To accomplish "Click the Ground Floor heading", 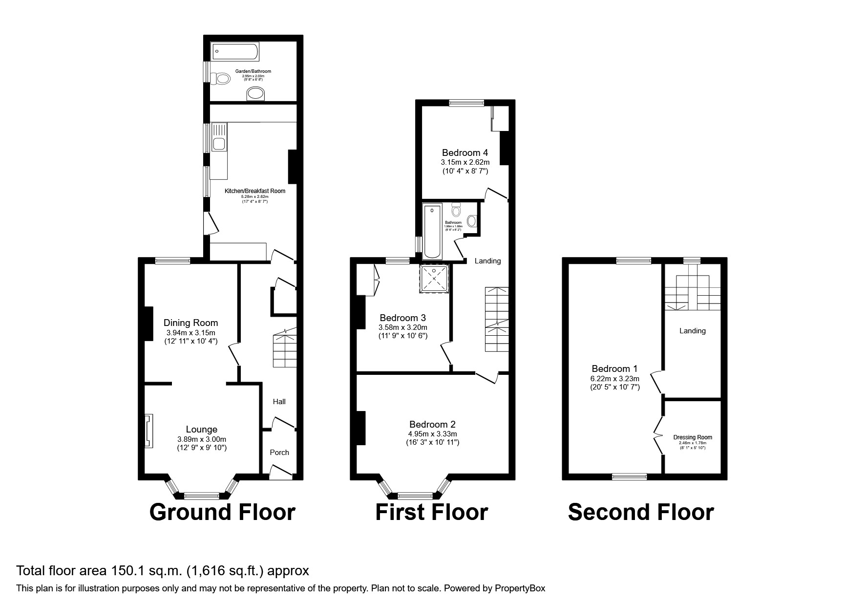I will (x=222, y=513).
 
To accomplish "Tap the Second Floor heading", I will (x=641, y=513).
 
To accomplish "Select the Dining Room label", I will (x=190, y=323).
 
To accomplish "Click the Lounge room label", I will (x=201, y=430).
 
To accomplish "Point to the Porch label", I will (x=279, y=453).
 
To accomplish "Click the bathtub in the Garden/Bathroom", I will (x=235, y=51).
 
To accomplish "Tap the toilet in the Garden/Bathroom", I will (x=221, y=78).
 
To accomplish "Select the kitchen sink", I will (x=219, y=144).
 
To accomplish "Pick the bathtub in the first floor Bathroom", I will (x=432, y=231).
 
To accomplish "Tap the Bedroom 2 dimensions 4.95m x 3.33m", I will (x=432, y=434).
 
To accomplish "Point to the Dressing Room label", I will (x=693, y=437).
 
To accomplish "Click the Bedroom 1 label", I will (x=614, y=369).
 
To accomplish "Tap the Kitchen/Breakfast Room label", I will (x=254, y=191).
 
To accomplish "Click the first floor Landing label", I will (x=487, y=261).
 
